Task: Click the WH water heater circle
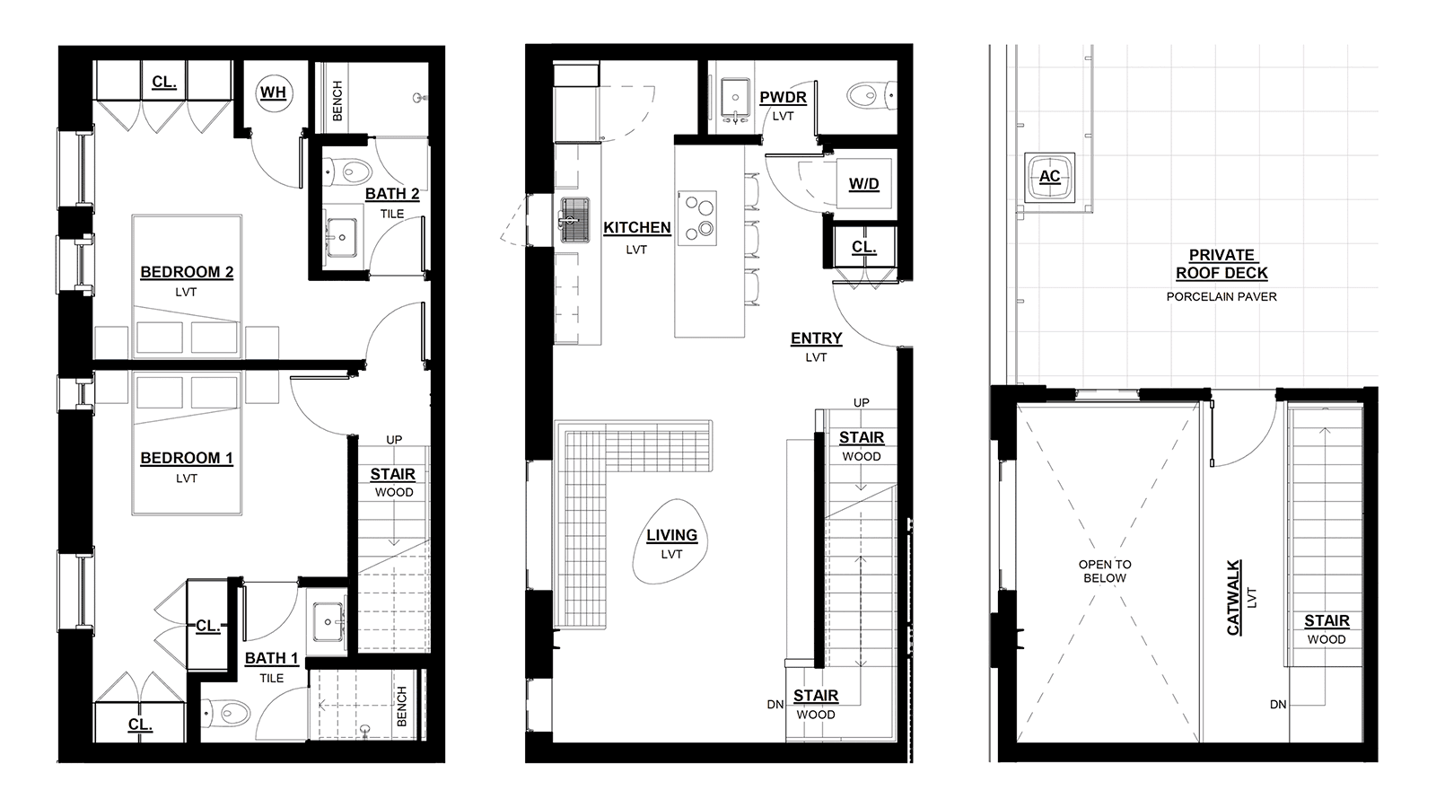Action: [274, 93]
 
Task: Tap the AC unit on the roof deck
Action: [1049, 177]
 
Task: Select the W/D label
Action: [863, 184]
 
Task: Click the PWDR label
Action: [783, 98]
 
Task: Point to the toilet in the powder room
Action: [871, 96]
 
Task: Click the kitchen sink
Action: [575, 221]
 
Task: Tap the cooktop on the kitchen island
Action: [696, 218]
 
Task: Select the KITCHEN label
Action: [636, 228]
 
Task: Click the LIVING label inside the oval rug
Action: [671, 535]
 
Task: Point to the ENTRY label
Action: [816, 338]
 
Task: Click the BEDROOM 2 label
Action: [187, 273]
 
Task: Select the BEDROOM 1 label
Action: [187, 459]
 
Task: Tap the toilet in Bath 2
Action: [346, 171]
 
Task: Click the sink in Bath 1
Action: [328, 621]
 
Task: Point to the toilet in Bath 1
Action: [225, 711]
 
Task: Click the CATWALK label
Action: [1233, 598]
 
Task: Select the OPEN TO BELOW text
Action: [1105, 571]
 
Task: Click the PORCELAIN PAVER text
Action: [1221, 297]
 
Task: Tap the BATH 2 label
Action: [392, 194]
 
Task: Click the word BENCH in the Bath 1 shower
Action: [402, 707]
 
